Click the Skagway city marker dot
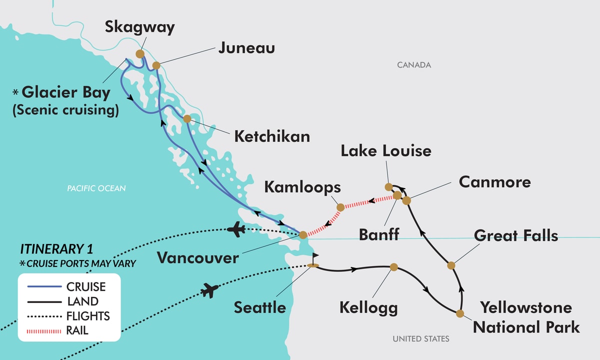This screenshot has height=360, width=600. coord(139,53)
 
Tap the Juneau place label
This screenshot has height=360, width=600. coord(246,49)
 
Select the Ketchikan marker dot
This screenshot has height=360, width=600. coord(186,119)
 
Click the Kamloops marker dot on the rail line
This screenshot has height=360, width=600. coord(340,207)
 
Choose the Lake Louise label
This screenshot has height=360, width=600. coord(386,150)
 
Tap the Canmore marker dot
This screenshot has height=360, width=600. coord(406,200)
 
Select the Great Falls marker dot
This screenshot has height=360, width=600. coord(450,265)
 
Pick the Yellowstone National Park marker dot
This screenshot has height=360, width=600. coord(459,313)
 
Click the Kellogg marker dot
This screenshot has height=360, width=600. coord(393,267)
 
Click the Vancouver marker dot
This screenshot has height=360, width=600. coord(302,234)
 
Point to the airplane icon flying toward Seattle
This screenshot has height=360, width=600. coord(210,289)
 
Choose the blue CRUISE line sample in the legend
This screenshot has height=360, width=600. coord(42,287)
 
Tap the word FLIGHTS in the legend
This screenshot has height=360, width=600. coord(88,316)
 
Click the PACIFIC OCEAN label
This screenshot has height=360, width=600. coord(96,188)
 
